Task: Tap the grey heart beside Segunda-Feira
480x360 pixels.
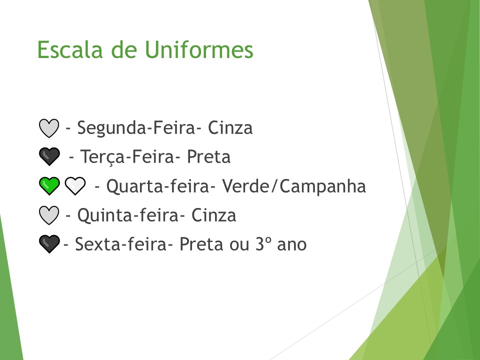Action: point(48,128)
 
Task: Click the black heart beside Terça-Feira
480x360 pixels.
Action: point(48,157)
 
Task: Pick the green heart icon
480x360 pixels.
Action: point(48,186)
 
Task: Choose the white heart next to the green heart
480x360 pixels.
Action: point(75,186)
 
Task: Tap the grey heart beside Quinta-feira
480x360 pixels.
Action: point(48,215)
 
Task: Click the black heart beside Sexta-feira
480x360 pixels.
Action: point(48,244)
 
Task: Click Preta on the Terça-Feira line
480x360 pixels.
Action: point(208,157)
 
